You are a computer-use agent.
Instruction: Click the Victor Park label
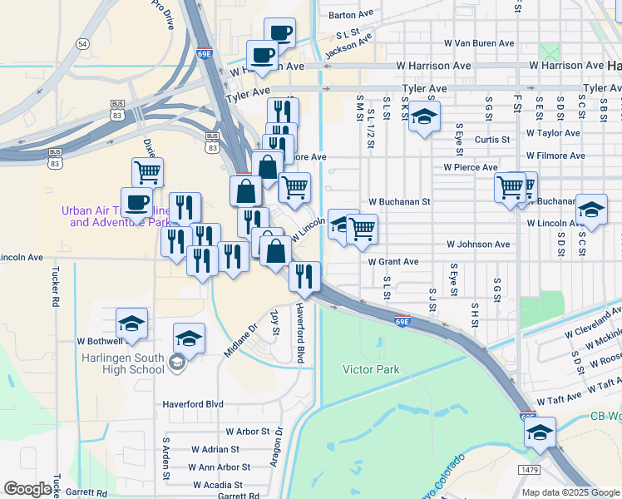(x=371, y=369)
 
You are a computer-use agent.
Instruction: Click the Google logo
(x=27, y=489)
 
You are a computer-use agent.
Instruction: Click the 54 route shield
(x=81, y=42)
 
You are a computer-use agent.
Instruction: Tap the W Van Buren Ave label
(x=479, y=42)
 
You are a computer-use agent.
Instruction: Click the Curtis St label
(x=491, y=140)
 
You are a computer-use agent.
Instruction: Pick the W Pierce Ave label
(x=470, y=167)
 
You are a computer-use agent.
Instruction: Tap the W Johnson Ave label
(x=477, y=245)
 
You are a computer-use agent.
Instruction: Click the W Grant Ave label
(x=393, y=261)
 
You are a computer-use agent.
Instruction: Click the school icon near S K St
(x=424, y=117)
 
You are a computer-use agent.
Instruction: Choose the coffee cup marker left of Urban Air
(x=137, y=201)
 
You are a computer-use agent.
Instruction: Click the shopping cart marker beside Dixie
(x=148, y=173)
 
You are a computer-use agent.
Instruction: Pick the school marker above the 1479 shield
(x=540, y=432)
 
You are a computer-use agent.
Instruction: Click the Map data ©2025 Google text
(x=570, y=492)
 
